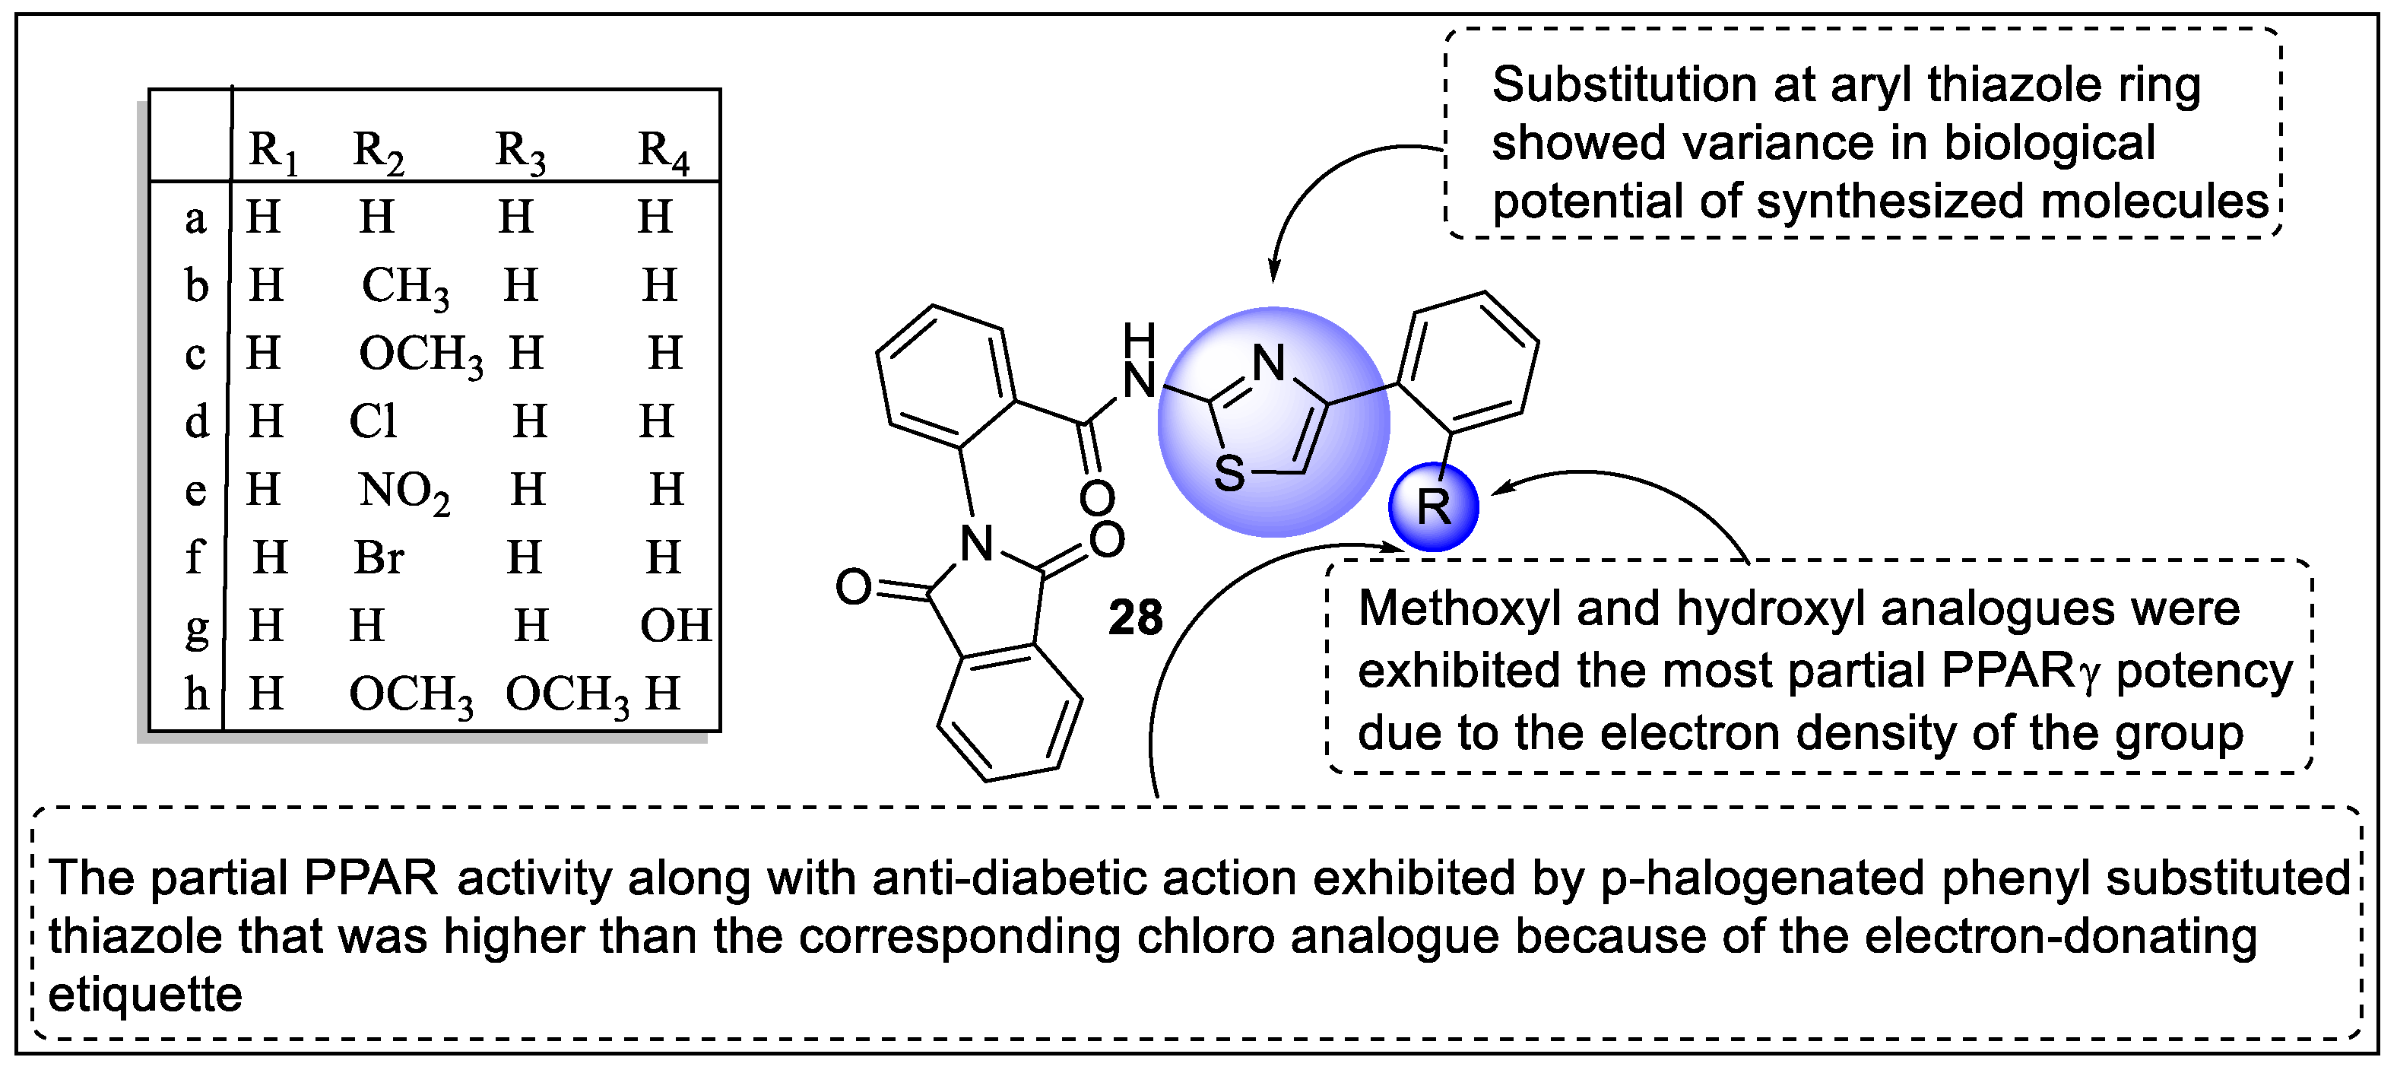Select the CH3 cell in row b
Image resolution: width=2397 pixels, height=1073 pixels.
tap(404, 287)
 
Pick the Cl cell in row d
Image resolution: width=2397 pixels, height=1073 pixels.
tap(373, 421)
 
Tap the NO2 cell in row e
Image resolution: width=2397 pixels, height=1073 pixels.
tap(404, 490)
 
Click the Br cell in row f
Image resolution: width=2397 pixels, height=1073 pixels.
tap(379, 558)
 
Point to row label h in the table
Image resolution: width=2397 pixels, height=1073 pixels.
tap(195, 694)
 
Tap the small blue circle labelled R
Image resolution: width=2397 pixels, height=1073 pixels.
tap(1433, 507)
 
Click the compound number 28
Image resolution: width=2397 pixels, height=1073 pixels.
tap(1135, 618)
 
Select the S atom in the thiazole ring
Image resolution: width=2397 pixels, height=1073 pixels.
tap(1229, 474)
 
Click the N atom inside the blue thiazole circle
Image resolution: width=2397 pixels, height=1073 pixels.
tap(1268, 363)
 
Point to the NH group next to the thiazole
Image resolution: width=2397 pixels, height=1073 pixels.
tap(1139, 363)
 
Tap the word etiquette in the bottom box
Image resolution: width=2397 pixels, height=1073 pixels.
tap(145, 995)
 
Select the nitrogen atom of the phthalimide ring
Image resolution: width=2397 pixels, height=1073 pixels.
tap(976, 544)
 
